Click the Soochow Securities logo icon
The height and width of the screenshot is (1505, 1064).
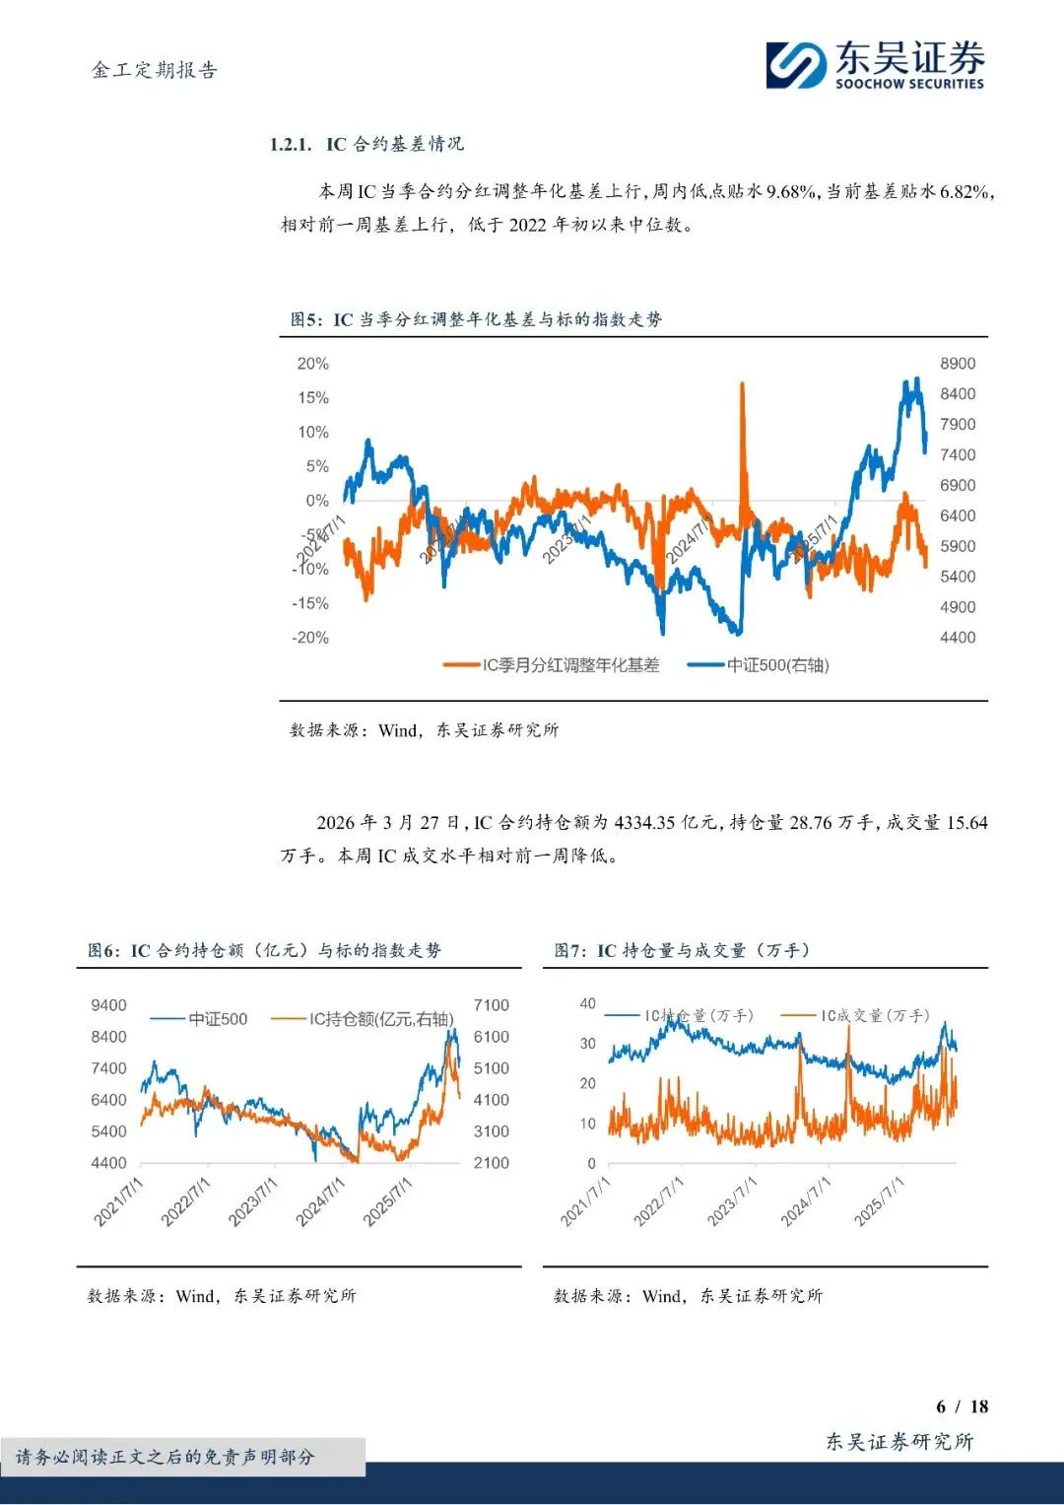[796, 65]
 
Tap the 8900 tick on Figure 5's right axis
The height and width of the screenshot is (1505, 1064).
[957, 364]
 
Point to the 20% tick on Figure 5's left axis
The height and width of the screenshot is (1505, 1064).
[312, 364]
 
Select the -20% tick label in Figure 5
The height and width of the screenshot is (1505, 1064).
[309, 638]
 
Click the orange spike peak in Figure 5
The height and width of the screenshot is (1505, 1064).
[742, 385]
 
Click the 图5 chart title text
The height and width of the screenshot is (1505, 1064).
[476, 319]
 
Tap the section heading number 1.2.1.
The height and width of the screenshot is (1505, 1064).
[290, 145]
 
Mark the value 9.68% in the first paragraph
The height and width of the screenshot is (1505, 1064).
[791, 191]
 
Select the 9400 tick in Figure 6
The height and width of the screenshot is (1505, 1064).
[108, 1005]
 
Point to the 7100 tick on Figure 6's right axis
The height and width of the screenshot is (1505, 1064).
[491, 1005]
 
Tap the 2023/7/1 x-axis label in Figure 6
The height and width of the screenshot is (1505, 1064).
[253, 1201]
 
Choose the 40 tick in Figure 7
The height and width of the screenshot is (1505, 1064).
[587, 1003]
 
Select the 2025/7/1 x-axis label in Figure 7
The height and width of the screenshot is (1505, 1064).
[879, 1201]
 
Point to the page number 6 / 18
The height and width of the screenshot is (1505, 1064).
[962, 1406]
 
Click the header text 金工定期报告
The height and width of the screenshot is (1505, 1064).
[155, 70]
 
